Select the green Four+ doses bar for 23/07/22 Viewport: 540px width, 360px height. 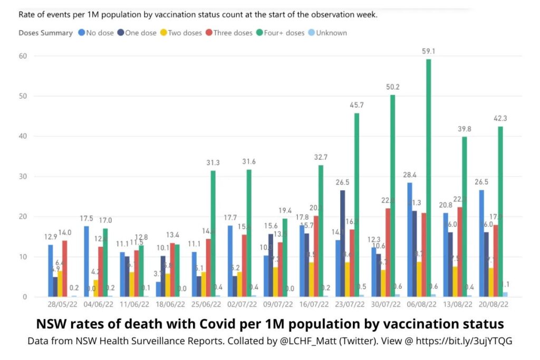[x=357, y=205]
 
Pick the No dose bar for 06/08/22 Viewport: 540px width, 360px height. [x=410, y=240]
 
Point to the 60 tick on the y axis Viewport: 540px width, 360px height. [x=23, y=56]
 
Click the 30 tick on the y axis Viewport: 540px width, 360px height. [x=23, y=177]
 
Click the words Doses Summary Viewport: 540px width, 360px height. [x=45, y=33]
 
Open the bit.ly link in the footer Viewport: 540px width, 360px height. [x=464, y=342]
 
